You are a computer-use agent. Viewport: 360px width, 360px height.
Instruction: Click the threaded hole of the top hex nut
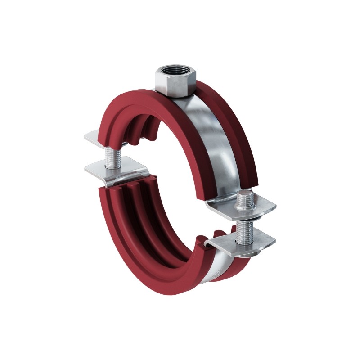pyautogui.click(x=173, y=71)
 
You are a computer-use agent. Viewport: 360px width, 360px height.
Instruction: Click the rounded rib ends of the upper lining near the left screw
pyautogui.click(x=139, y=130)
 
